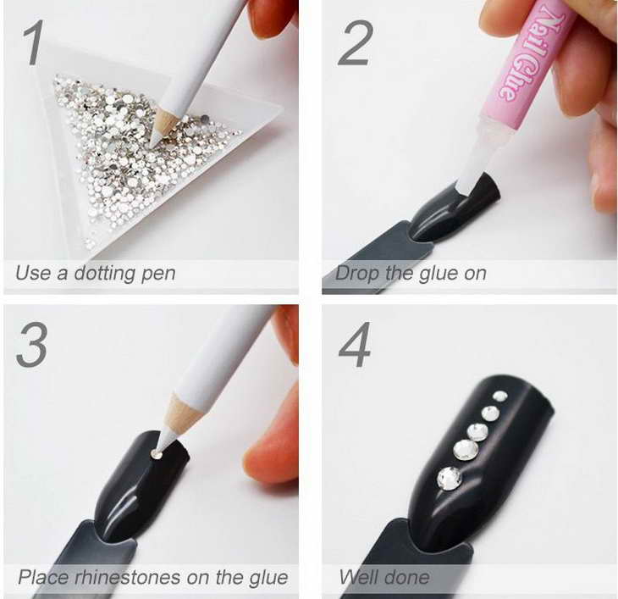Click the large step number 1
[x=33, y=43]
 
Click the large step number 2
[x=355, y=43]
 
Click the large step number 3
[x=32, y=345]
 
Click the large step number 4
[x=355, y=345]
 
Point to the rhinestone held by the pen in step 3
[x=157, y=455]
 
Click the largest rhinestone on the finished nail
[x=449, y=479]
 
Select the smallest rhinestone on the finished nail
[x=499, y=396]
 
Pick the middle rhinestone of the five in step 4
[x=478, y=432]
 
